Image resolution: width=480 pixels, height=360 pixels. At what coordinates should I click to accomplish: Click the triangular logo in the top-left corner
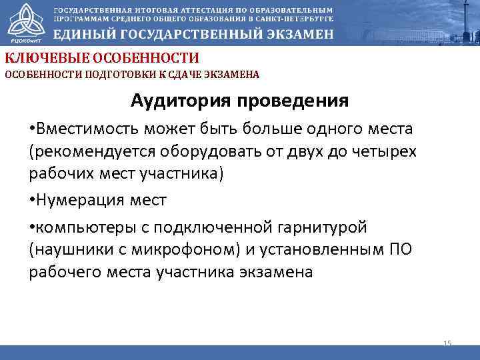tap(23, 20)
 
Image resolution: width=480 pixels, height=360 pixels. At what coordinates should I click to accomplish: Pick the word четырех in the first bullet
tap(387, 151)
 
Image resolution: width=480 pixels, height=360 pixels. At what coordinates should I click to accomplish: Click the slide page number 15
tap(447, 343)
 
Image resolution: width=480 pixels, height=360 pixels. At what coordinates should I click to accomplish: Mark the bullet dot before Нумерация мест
tap(32, 200)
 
